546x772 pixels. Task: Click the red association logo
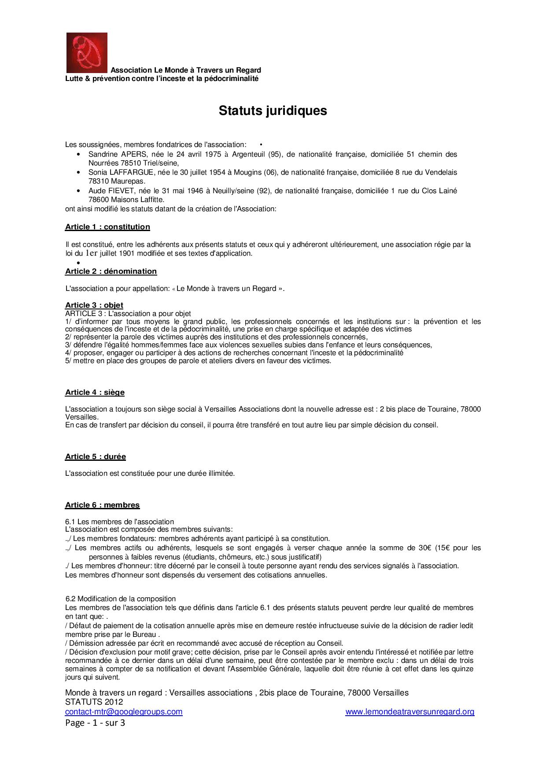coord(87,52)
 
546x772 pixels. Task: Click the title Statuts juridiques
coord(273,110)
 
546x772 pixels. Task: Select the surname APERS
coord(133,154)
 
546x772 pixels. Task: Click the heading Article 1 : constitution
coord(107,227)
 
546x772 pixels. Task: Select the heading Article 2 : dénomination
coord(111,272)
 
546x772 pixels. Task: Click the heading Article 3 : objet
coord(94,305)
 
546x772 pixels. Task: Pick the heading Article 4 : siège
coord(95,393)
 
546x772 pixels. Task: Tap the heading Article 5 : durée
coord(96,457)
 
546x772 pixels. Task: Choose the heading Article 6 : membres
coord(102,505)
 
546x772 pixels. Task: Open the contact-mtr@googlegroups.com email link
coord(124,712)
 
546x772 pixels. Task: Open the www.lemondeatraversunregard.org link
coord(409,712)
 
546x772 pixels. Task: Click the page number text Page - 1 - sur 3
coord(95,723)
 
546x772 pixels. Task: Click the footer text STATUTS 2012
coord(94,702)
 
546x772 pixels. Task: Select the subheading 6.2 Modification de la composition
coord(121,599)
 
